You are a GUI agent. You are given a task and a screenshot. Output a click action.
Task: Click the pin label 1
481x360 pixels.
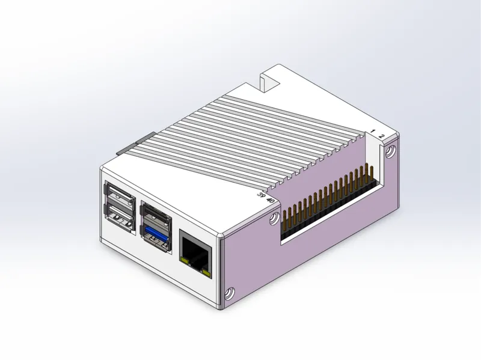[x=373, y=131]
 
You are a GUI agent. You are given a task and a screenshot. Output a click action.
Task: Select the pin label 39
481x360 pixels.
[x=262, y=195]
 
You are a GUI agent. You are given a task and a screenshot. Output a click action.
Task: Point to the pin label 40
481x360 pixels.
[x=270, y=201]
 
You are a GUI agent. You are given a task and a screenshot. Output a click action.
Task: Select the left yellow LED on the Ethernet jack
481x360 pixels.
[x=185, y=261]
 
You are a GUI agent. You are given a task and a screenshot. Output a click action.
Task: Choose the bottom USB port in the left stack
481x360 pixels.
[x=120, y=217]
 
